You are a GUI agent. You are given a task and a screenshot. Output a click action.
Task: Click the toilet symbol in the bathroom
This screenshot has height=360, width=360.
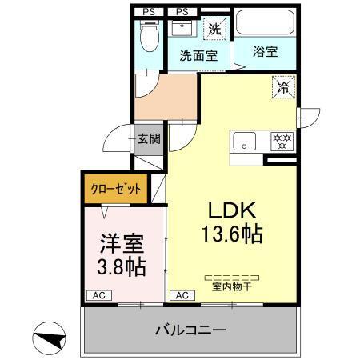(150, 35)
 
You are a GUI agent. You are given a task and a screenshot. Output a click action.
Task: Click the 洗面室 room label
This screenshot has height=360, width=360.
(198, 55)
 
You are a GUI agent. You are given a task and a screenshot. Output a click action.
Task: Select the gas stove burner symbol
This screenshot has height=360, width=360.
(282, 142)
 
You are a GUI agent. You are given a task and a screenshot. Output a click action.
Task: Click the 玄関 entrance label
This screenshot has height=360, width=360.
(148, 139)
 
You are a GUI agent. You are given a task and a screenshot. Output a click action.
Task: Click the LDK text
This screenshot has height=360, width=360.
(232, 210)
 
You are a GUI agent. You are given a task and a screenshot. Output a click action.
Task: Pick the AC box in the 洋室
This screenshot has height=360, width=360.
(96, 296)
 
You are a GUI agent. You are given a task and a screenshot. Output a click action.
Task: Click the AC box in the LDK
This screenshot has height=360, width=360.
(181, 296)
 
